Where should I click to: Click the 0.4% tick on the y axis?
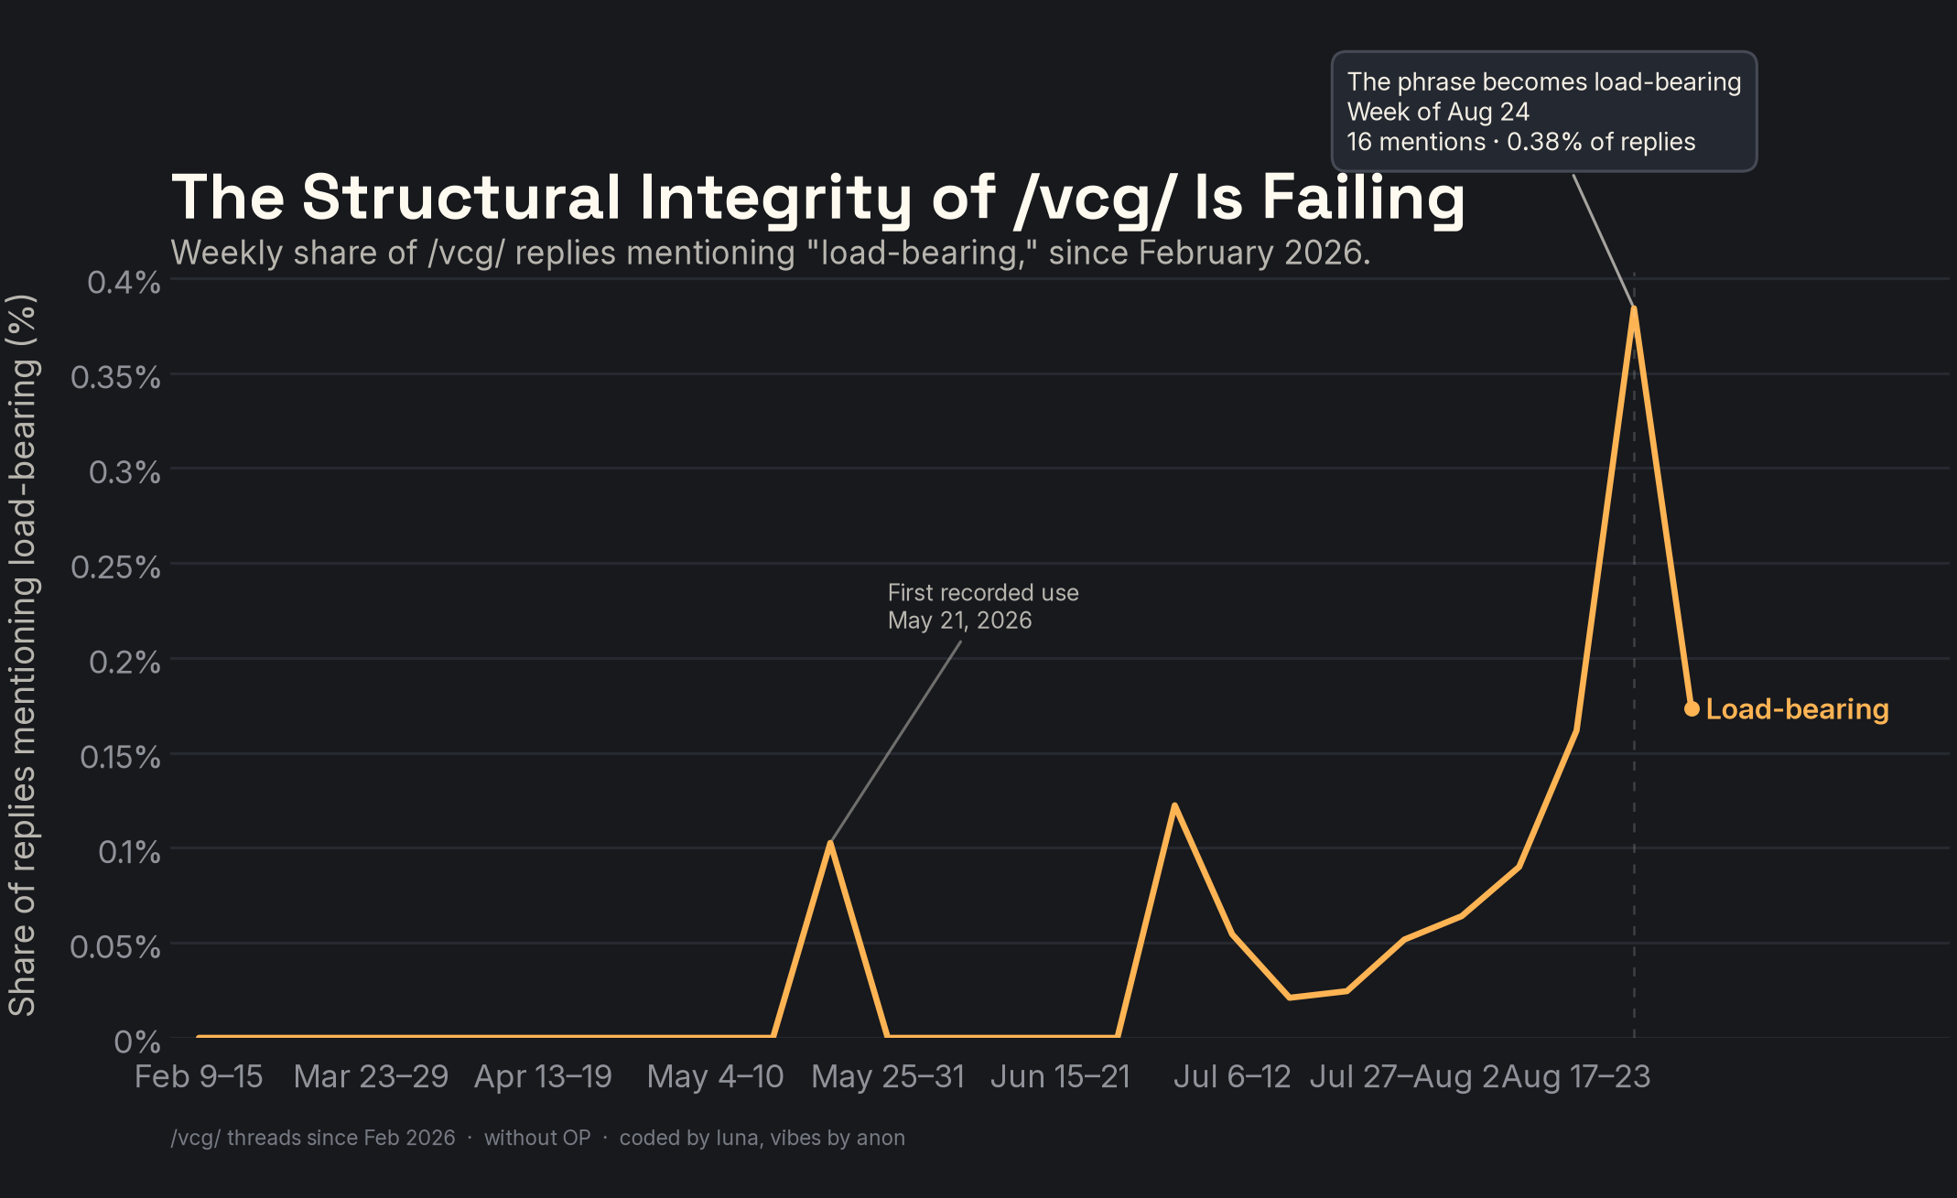pos(124,282)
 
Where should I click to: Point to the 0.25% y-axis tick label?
pos(115,567)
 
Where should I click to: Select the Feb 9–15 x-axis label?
pos(199,1076)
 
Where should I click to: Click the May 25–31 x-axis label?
pos(888,1076)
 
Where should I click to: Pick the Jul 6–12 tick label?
pos(1232,1076)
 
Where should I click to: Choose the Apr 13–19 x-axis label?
pos(543,1076)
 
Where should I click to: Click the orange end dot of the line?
pos(1692,708)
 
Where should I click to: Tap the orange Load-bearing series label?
pos(1798,709)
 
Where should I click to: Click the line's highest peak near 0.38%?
pos(1634,309)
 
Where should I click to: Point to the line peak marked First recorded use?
pos(829,843)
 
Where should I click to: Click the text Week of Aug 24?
pos(1438,112)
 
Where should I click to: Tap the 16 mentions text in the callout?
pos(1416,142)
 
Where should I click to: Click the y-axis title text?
pos(22,655)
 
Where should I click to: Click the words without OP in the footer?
pos(537,1138)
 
